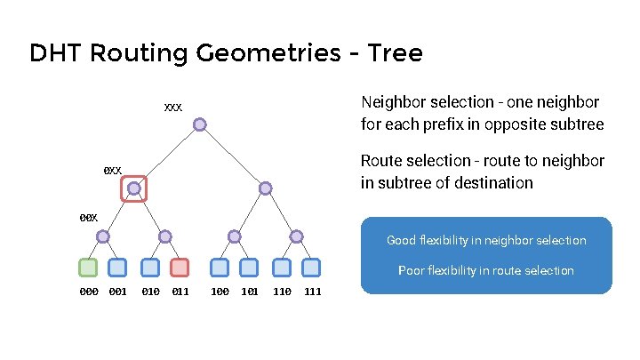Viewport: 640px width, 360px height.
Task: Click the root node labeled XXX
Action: (x=201, y=124)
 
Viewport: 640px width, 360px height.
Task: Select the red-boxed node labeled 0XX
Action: (x=133, y=188)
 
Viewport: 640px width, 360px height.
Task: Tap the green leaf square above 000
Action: (x=88, y=267)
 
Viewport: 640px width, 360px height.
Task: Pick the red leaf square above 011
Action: (x=180, y=267)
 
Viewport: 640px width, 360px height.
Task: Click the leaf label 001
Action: (x=117, y=292)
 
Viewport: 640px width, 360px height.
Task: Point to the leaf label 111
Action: (x=313, y=292)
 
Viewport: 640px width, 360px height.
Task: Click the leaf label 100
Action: (x=220, y=292)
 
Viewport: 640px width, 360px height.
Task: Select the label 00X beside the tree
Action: (x=88, y=218)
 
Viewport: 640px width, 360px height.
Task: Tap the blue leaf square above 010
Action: (x=150, y=267)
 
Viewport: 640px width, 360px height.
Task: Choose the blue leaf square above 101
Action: (x=249, y=267)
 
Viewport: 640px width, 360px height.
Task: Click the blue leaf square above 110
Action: (x=281, y=267)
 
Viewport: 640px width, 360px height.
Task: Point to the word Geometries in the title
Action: (x=254, y=54)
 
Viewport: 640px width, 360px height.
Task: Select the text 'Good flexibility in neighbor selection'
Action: (x=486, y=240)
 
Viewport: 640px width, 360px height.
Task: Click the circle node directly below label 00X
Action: (x=103, y=236)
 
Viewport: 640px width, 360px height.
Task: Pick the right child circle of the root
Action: (x=266, y=188)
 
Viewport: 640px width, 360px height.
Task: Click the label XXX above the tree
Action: (x=172, y=108)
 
